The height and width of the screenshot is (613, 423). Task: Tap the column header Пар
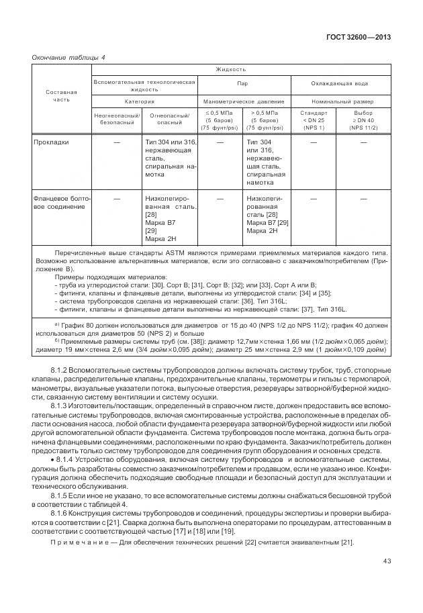point(242,85)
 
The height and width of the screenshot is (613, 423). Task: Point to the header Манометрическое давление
point(242,101)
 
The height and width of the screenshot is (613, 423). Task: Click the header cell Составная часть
point(61,95)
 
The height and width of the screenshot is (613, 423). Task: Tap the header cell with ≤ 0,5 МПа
point(220,120)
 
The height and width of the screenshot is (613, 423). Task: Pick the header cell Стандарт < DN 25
point(314,120)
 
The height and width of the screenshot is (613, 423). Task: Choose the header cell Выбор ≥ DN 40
point(363,120)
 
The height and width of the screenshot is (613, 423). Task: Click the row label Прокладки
point(51,142)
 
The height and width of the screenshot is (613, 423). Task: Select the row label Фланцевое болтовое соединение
point(61,202)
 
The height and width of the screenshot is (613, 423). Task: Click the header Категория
point(144,101)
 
